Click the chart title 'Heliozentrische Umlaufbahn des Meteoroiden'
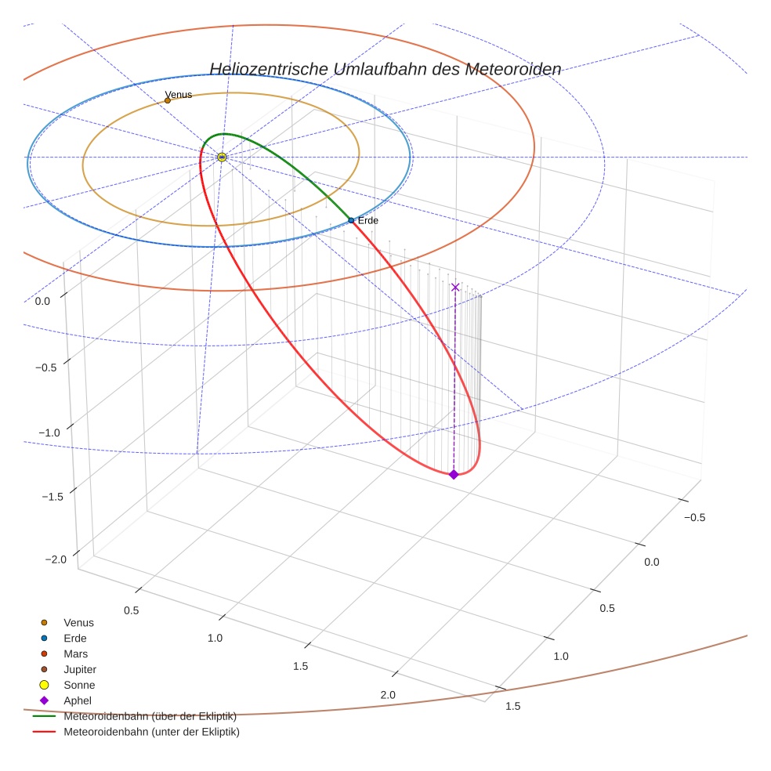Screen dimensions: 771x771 pyautogui.click(x=385, y=69)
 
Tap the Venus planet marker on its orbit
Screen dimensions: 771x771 pyautogui.click(x=168, y=100)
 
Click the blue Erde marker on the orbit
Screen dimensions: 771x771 pyautogui.click(x=351, y=221)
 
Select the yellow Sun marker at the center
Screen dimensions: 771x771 pyautogui.click(x=222, y=157)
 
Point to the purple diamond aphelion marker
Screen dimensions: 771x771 pyautogui.click(x=454, y=474)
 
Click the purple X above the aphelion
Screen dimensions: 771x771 pyautogui.click(x=455, y=288)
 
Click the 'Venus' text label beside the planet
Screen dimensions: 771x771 pyautogui.click(x=179, y=95)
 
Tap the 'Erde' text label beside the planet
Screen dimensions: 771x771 pyautogui.click(x=368, y=221)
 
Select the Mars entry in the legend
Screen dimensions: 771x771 pyautogui.click(x=75, y=653)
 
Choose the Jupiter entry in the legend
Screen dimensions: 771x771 pyautogui.click(x=79, y=669)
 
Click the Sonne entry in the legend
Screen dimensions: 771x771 pyautogui.click(x=79, y=685)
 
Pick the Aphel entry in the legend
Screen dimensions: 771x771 pyautogui.click(x=78, y=700)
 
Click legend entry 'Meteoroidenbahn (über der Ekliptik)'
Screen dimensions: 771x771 pyautogui.click(x=150, y=716)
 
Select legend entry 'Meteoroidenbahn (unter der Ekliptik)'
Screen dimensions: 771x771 pyautogui.click(x=151, y=732)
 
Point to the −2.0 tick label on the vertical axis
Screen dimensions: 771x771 pyautogui.click(x=56, y=559)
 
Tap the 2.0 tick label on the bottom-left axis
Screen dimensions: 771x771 pyautogui.click(x=388, y=695)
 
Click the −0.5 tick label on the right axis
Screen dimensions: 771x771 pyautogui.click(x=694, y=517)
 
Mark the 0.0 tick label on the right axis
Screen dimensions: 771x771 pyautogui.click(x=651, y=562)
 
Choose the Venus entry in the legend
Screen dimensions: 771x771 pyautogui.click(x=78, y=622)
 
